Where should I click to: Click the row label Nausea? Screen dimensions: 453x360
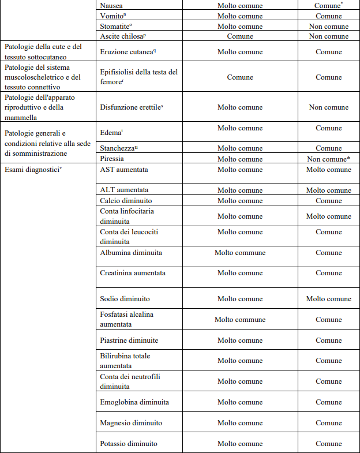(111, 5)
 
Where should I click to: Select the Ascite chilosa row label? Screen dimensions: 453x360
(122, 36)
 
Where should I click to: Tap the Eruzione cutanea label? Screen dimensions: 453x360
(128, 51)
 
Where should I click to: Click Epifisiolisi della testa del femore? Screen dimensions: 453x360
(138, 77)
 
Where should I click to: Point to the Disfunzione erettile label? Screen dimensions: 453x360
(130, 107)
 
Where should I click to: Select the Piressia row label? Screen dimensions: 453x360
(112, 159)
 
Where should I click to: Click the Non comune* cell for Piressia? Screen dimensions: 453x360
(328, 159)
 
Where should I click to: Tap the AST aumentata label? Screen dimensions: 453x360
(123, 170)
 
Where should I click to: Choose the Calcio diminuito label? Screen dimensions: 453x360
(126, 201)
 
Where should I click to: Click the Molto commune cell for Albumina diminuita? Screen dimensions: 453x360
(240, 253)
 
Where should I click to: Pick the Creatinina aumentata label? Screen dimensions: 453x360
(133, 273)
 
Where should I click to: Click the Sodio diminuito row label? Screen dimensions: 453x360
(125, 299)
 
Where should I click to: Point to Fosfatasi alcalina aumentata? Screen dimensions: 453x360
(127, 320)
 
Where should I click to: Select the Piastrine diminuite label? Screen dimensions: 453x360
(129, 340)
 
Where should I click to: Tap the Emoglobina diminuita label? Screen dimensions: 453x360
(134, 402)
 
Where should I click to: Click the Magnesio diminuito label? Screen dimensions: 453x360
(131, 423)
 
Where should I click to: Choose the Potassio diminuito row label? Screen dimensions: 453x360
(129, 444)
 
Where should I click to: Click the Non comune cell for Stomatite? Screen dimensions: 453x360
(328, 27)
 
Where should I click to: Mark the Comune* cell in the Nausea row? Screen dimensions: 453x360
(328, 5)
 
